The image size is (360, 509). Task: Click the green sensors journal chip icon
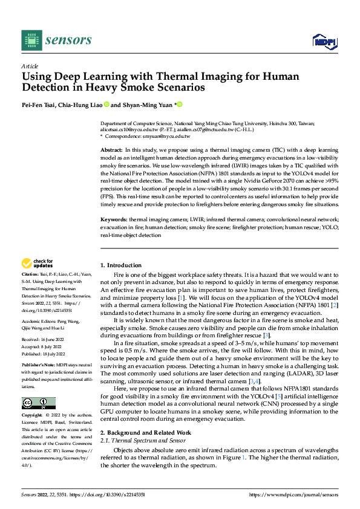[32, 40]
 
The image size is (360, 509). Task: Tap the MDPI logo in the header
[324, 41]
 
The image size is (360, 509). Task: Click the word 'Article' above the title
[30, 66]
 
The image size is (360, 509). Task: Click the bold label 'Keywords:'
[113, 221]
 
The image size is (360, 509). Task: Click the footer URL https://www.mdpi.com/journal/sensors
[296, 494]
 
